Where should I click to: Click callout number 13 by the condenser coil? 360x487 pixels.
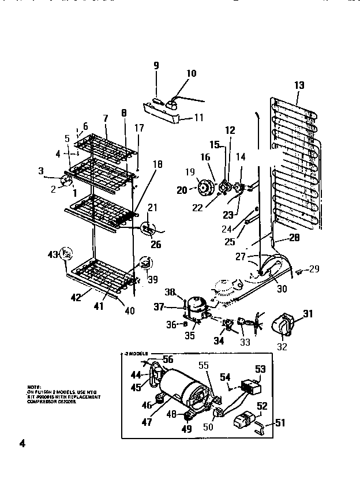click(299, 86)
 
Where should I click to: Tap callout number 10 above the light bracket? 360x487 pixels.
click(191, 73)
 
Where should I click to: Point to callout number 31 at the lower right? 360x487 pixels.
click(307, 314)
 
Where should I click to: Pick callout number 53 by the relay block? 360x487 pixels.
click(261, 369)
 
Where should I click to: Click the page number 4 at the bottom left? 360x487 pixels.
click(22, 444)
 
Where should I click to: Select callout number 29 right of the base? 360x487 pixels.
click(314, 269)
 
